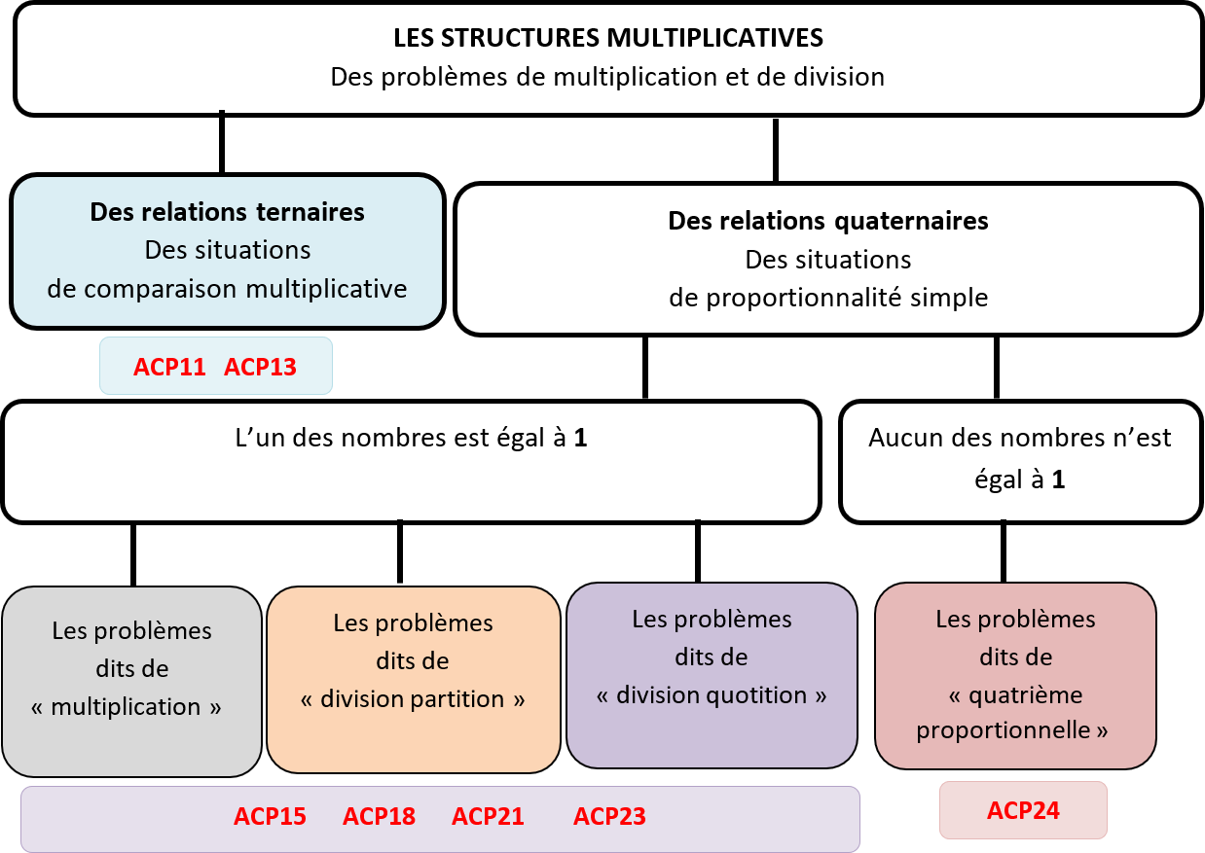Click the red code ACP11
[169, 367]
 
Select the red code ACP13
[260, 367]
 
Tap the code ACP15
[270, 816]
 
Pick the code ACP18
[380, 816]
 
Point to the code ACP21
[488, 816]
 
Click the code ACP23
[609, 816]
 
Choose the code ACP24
[1023, 810]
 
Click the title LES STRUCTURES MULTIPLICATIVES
[608, 38]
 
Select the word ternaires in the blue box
[310, 212]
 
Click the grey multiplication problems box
[131, 682]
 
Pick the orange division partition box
[414, 680]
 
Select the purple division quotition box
[712, 675]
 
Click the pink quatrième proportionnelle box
[1015, 676]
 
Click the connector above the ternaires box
[222, 142]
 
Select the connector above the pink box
[1004, 551]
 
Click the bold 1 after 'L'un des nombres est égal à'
[580, 438]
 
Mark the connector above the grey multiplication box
[133, 554]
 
